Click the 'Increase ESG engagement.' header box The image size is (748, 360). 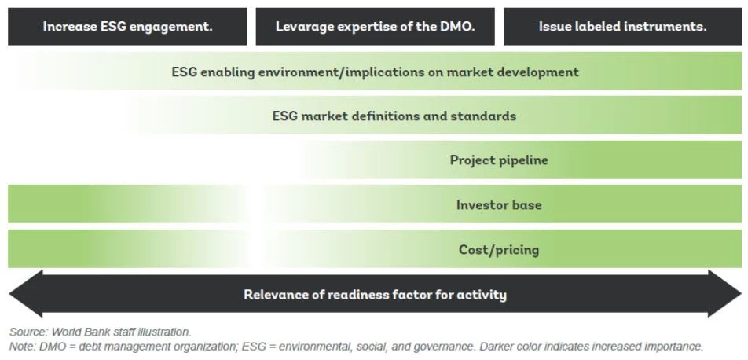127,27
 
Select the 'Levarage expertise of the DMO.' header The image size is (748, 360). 375,27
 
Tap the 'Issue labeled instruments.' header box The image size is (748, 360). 622,27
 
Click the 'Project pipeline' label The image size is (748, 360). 499,160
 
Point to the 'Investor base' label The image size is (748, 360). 499,205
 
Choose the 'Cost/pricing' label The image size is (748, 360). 499,250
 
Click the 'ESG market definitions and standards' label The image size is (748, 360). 394,116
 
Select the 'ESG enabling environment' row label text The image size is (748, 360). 375,72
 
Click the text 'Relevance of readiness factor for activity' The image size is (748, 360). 375,295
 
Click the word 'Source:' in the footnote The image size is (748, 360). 27,332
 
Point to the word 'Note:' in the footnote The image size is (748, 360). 23,347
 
